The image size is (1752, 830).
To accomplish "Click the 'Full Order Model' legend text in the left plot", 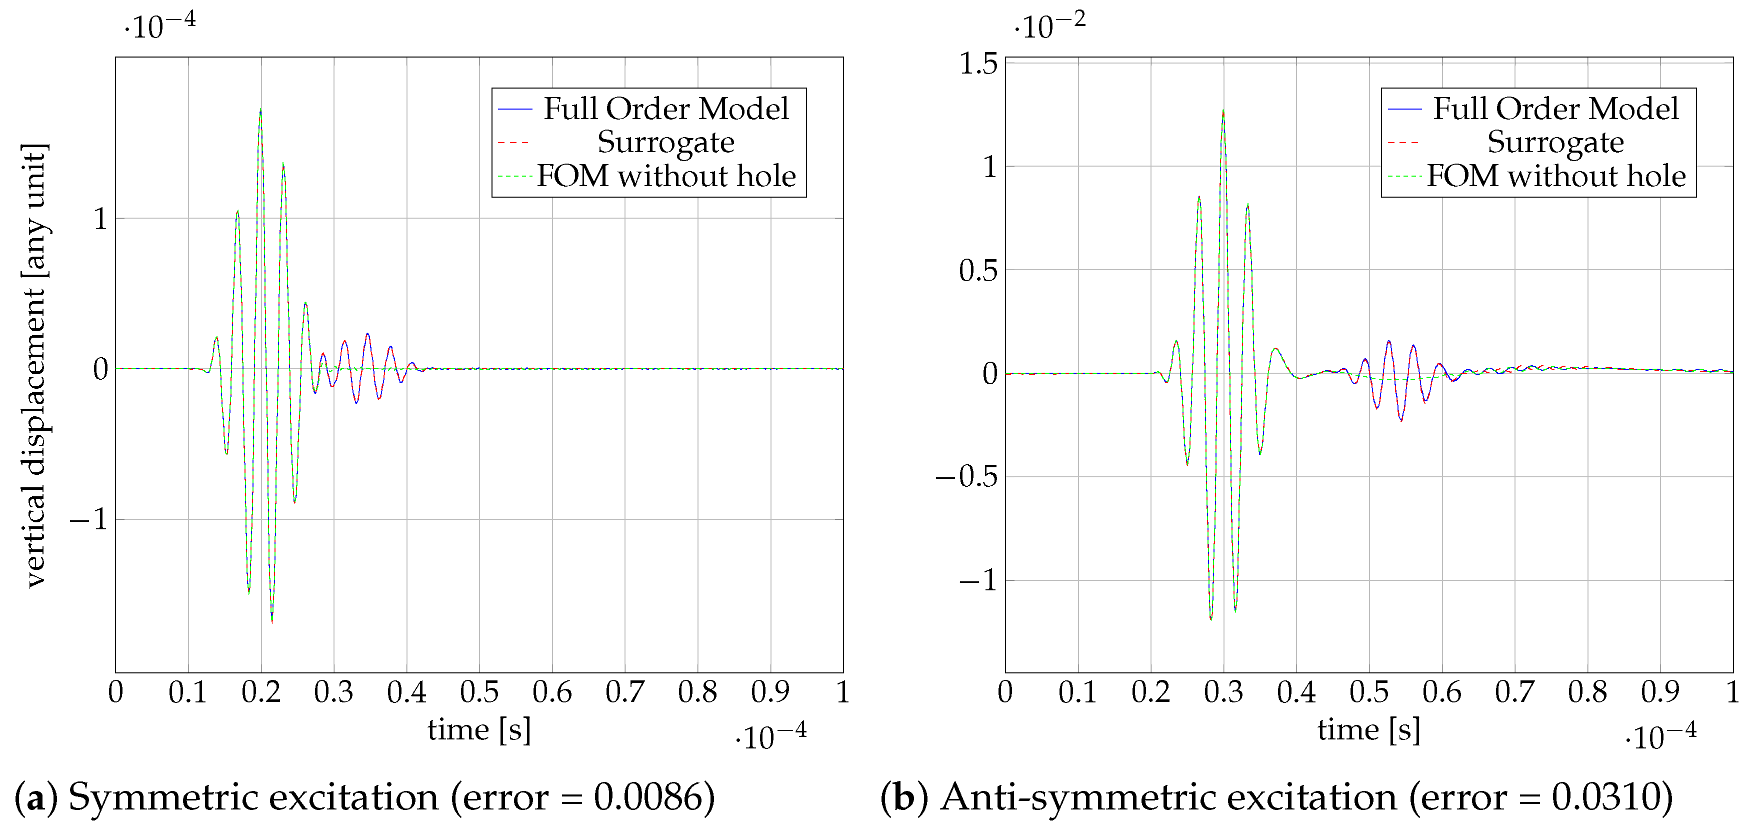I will [666, 109].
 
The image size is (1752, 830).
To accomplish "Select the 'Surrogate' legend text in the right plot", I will [1555, 142].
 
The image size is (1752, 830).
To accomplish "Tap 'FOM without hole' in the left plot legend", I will [666, 176].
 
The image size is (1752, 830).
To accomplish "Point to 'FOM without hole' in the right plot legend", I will [1556, 176].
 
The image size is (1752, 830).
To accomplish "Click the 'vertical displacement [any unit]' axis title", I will [34, 365].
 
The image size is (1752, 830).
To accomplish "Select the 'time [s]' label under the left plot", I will [479, 730].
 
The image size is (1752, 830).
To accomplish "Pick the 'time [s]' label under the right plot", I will [1368, 730].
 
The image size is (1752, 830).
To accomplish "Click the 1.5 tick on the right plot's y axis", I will [977, 64].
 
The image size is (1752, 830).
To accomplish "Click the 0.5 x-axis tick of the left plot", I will [479, 692].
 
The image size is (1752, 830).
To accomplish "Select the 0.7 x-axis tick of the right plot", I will [1514, 692].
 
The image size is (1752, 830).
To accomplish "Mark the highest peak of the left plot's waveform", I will [260, 109].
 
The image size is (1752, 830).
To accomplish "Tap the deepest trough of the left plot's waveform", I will [272, 622].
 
